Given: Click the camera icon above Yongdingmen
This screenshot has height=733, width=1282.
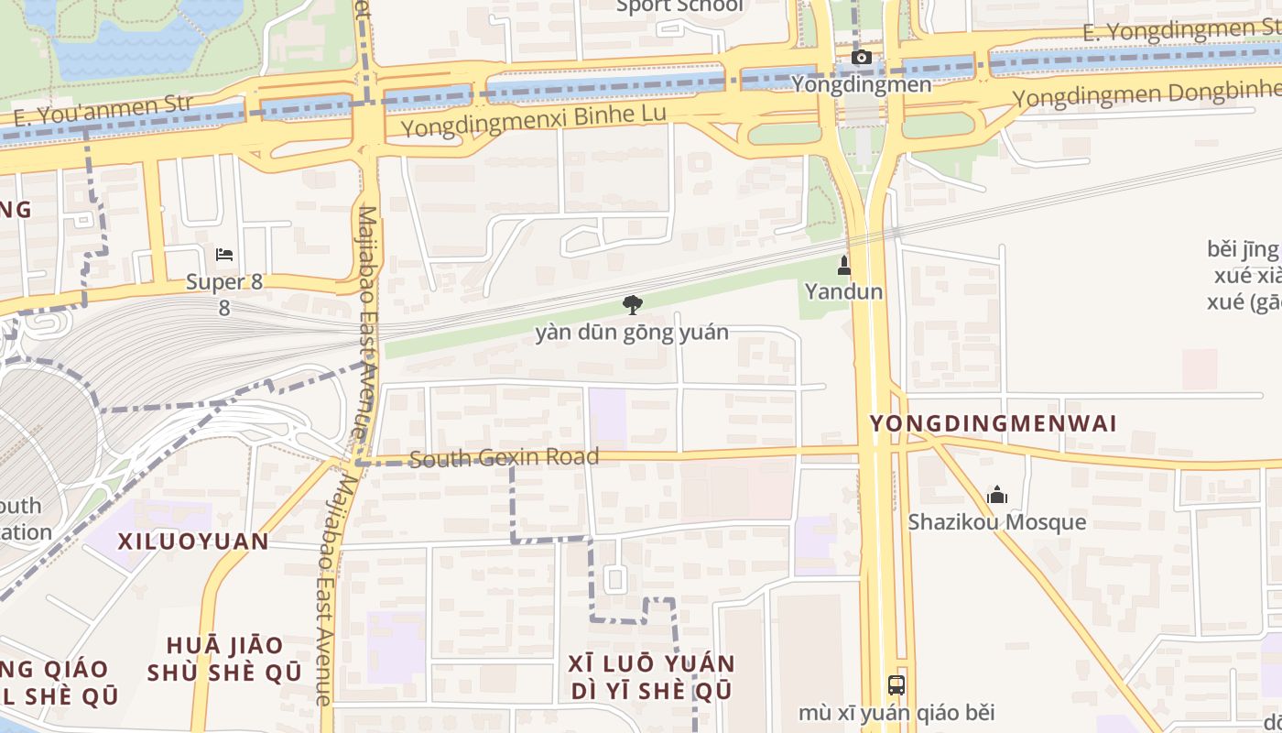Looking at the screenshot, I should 861,58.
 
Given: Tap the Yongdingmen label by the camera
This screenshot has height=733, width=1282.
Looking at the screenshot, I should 861,84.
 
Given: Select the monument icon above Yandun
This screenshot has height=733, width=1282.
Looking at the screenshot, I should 844,267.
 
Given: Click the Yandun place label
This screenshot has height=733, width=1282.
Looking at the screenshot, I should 844,291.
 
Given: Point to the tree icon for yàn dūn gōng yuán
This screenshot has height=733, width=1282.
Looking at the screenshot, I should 632,305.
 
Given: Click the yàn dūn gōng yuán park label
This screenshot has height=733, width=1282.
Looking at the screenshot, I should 632,332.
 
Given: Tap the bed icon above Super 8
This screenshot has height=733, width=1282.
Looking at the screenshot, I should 224,255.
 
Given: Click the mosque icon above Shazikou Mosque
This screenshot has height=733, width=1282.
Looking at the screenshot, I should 997,496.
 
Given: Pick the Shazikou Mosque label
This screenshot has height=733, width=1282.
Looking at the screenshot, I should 997,522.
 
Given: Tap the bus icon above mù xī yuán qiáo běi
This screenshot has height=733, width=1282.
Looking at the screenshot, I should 896,684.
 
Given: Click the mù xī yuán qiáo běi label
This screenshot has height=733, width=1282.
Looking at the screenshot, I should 896,712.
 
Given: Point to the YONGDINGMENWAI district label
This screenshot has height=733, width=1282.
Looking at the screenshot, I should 994,423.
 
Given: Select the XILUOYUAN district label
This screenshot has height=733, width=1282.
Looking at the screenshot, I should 193,541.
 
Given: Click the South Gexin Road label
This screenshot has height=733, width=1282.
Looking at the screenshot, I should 505,457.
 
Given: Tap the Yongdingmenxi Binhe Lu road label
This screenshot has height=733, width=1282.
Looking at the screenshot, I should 534,120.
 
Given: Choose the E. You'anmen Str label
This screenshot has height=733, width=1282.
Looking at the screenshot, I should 103,110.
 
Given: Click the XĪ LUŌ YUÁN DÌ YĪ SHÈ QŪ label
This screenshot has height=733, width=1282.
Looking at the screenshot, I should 651,676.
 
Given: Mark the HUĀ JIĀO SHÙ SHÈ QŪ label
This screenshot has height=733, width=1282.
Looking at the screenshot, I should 224,659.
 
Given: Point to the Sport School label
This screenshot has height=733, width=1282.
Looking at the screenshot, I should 679,6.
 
